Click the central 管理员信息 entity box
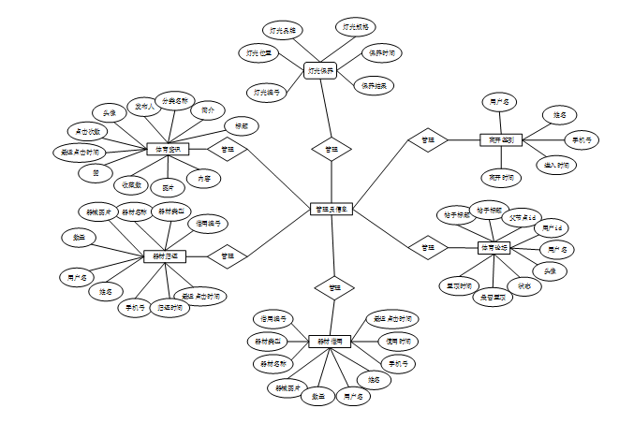coord(331,209)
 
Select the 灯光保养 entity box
coord(320,70)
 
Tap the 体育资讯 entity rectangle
coord(169,149)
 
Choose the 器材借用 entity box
coord(330,342)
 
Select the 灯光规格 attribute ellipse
coord(357,27)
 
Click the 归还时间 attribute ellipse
coord(169,306)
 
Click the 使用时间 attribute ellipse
coord(398,341)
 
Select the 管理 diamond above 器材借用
coord(329,286)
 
